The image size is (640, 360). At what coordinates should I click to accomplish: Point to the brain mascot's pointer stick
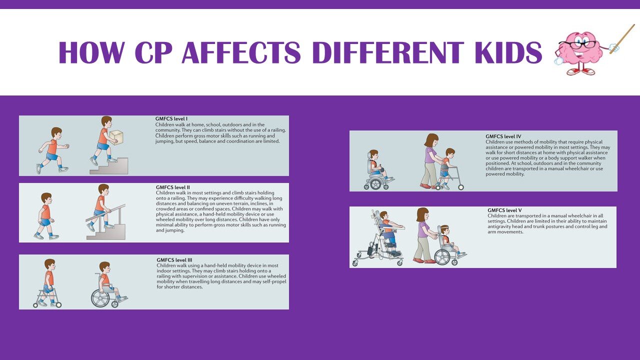pyautogui.click(x=622, y=38)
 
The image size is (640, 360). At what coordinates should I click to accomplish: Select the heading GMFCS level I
pyautogui.click(x=171, y=119)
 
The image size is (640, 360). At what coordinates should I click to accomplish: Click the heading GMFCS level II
pyautogui.click(x=172, y=187)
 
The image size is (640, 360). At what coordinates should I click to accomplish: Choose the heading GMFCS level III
pyautogui.click(x=174, y=260)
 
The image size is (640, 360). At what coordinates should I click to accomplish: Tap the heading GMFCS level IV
pyautogui.click(x=503, y=136)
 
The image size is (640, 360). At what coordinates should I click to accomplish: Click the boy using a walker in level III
pyautogui.click(x=48, y=282)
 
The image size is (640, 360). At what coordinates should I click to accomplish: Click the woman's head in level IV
pyautogui.click(x=431, y=140)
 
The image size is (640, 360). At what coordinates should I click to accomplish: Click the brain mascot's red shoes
pyautogui.click(x=581, y=71)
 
